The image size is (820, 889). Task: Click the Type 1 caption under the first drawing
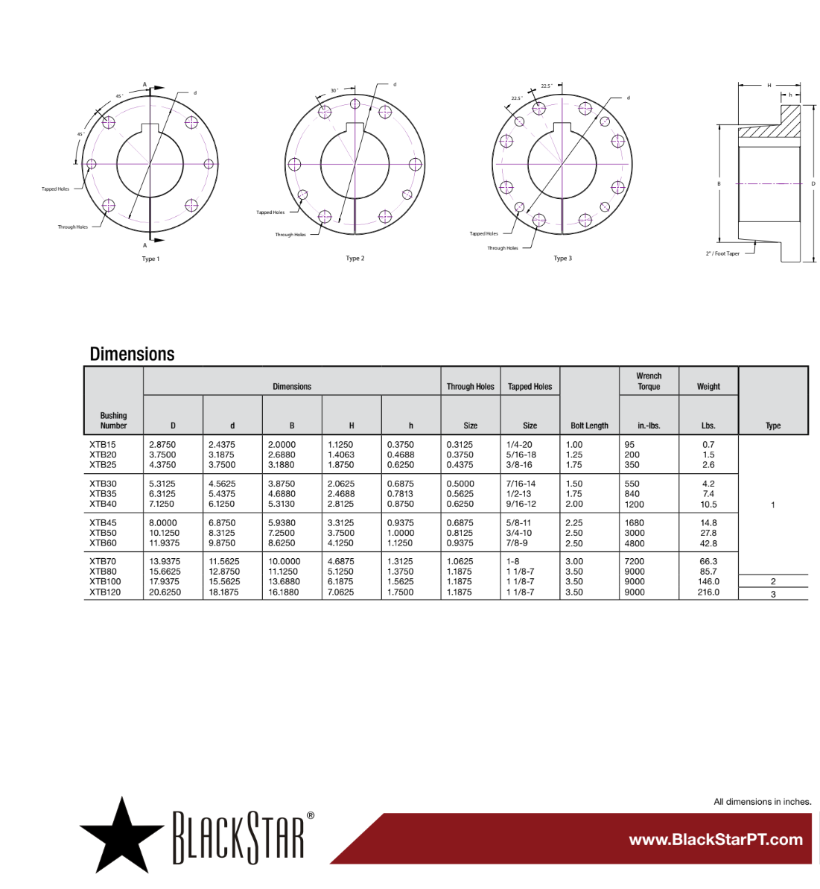pyautogui.click(x=150, y=259)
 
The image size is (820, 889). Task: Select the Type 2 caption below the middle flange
pyautogui.click(x=355, y=259)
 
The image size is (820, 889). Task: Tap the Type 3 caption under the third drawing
pyautogui.click(x=562, y=259)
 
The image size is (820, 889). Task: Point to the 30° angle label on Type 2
pyautogui.click(x=334, y=90)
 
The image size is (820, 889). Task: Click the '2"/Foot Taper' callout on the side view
pyautogui.click(x=722, y=253)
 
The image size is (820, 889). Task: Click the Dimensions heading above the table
pyautogui.click(x=132, y=354)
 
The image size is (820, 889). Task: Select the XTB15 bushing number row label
pyautogui.click(x=103, y=445)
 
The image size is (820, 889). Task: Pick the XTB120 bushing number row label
pyautogui.click(x=105, y=592)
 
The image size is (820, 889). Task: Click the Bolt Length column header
pyautogui.click(x=589, y=425)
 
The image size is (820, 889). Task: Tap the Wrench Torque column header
pyautogui.click(x=649, y=381)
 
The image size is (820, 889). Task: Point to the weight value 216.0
pyautogui.click(x=708, y=592)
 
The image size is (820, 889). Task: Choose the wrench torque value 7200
pyautogui.click(x=635, y=562)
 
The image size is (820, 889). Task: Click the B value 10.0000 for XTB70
pyautogui.click(x=284, y=562)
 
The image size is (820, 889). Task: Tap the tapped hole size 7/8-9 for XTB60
pyautogui.click(x=517, y=543)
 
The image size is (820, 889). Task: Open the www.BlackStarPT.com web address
pyautogui.click(x=716, y=840)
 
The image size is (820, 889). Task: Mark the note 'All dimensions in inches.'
pyautogui.click(x=762, y=802)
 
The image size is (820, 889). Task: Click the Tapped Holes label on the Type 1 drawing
pyautogui.click(x=55, y=189)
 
